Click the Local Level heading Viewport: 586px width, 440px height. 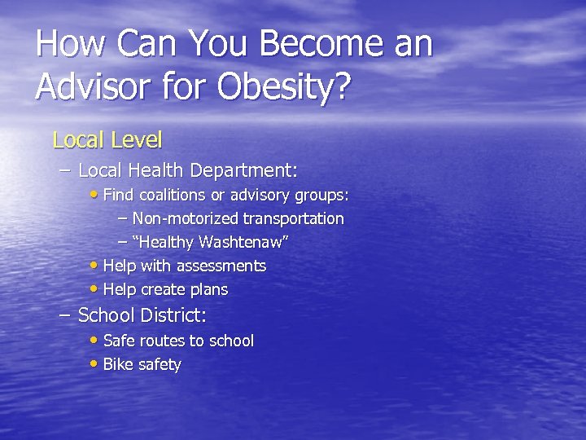107,140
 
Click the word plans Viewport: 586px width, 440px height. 208,289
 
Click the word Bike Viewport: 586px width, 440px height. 119,364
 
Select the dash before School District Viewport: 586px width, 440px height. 66,315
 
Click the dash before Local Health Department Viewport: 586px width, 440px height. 66,170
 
